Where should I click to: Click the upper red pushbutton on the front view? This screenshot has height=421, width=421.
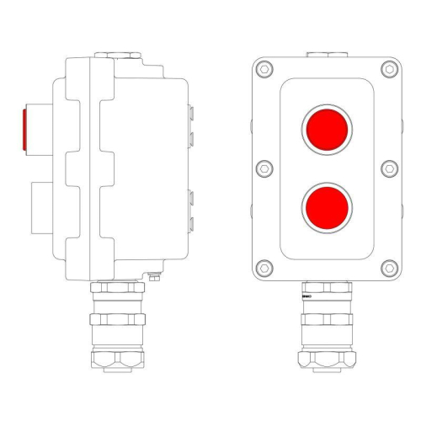[x=326, y=129]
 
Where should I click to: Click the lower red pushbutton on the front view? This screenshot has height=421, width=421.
[x=326, y=206]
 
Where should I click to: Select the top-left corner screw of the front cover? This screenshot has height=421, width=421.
[x=264, y=70]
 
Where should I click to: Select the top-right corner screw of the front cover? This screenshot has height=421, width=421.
[x=388, y=70]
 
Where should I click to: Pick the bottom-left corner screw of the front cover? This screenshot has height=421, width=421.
[x=264, y=268]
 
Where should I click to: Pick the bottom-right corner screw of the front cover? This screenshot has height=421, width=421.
[x=388, y=268]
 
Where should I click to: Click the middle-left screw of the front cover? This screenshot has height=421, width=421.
[x=264, y=168]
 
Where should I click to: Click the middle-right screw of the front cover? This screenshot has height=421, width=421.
[x=388, y=168]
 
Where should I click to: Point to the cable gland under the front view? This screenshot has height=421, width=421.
[x=326, y=324]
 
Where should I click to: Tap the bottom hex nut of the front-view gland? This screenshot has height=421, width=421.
[x=326, y=360]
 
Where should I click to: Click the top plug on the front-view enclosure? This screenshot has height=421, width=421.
[x=326, y=56]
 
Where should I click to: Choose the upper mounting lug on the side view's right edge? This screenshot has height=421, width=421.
[x=193, y=122]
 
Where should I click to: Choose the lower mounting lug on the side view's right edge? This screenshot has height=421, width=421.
[x=193, y=210]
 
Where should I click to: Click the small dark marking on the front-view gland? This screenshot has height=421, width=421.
[x=306, y=296]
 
